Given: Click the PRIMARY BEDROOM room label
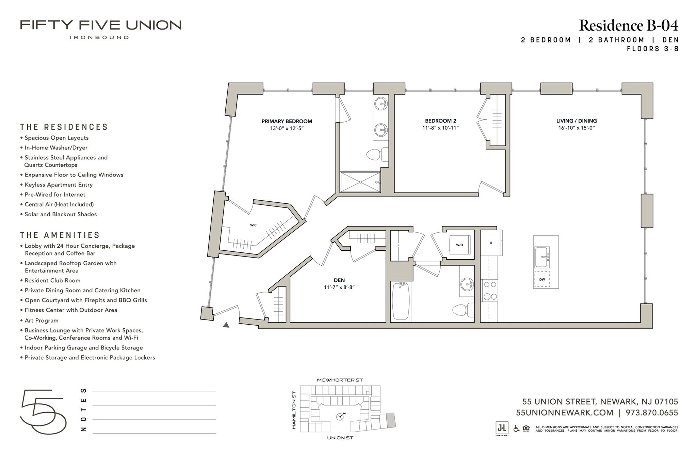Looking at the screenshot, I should click(287, 121).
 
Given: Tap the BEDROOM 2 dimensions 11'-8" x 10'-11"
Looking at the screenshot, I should click(440, 128).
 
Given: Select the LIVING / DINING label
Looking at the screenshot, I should click(577, 121).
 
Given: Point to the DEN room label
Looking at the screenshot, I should click(339, 280).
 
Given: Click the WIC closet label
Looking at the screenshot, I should click(253, 225).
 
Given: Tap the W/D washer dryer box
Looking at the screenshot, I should click(459, 245).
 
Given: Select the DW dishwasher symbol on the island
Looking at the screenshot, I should click(542, 279).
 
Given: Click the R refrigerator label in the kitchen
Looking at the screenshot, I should click(491, 243).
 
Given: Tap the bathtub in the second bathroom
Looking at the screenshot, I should click(401, 301).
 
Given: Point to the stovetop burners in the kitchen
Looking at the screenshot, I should click(489, 291).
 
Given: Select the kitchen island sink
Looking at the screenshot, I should click(541, 257).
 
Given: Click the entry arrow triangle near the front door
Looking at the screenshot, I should click(226, 325).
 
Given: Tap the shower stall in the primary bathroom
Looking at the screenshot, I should click(360, 182).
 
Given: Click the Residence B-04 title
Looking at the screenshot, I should click(628, 26).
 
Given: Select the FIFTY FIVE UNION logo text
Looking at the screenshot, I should click(101, 25).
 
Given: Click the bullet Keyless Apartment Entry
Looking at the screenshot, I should click(59, 185).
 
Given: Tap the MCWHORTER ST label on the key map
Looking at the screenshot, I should click(340, 380).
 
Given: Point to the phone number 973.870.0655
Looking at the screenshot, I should click(652, 413).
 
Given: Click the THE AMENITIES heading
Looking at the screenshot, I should click(60, 235).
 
